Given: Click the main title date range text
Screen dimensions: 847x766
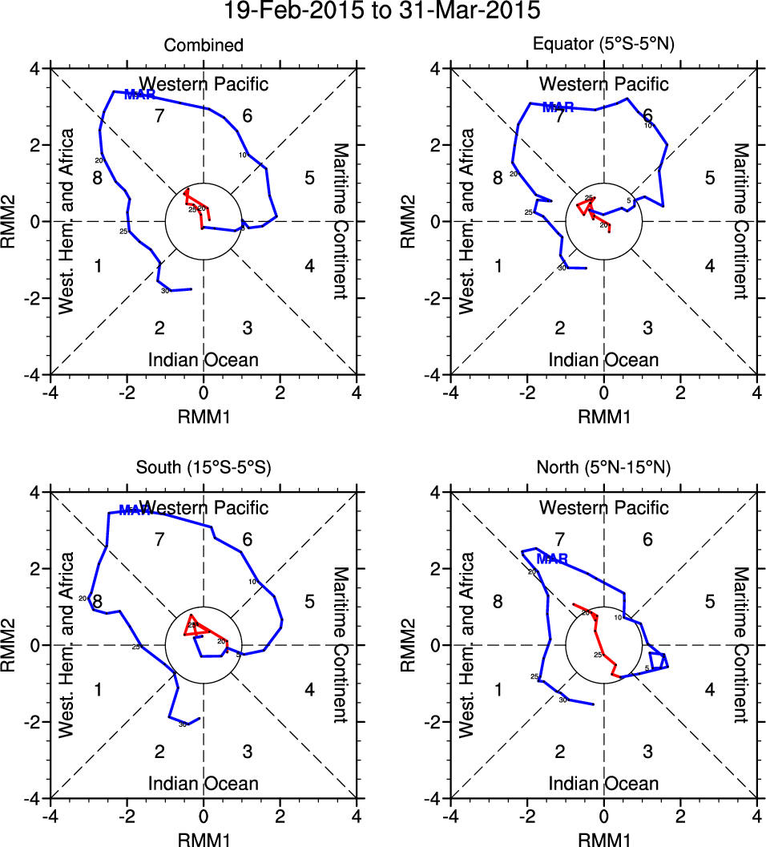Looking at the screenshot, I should (383, 12).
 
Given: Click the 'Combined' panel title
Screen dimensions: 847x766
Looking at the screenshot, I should (204, 46).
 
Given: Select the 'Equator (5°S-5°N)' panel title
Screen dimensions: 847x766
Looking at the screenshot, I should (604, 46).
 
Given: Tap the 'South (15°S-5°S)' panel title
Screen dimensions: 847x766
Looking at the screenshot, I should (204, 469).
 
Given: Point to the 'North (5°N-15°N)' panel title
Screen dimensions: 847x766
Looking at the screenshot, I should (604, 469).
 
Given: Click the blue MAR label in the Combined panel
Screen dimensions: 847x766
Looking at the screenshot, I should (140, 95).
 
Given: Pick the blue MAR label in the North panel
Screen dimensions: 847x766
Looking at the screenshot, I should (552, 559).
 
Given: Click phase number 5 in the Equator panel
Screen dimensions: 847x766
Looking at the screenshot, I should (709, 178).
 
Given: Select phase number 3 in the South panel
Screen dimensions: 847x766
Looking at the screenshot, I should (248, 751).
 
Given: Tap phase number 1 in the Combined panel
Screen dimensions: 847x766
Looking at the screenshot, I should (98, 266).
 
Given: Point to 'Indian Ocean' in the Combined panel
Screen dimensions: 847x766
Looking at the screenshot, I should (204, 360).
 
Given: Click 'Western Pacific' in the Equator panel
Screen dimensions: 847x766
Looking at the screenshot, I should (604, 84).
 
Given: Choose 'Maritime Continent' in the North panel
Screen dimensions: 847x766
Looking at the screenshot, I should (740, 645).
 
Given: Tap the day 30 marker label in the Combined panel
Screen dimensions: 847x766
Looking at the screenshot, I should (165, 291).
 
